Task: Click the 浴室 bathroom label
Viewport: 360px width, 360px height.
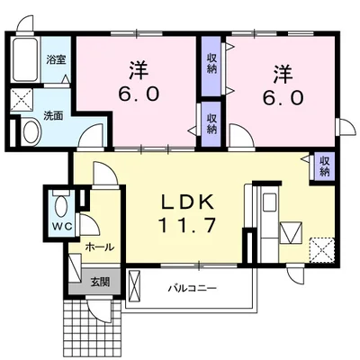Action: pos(56,59)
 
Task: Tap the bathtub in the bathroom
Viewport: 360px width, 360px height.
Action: pos(25,59)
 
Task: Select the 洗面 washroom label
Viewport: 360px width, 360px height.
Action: pos(53,116)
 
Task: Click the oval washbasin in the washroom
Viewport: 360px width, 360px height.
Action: pos(31,131)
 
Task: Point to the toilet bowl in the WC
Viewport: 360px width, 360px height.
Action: pos(62,206)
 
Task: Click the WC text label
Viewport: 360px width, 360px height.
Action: pos(62,227)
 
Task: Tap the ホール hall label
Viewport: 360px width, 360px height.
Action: pos(100,247)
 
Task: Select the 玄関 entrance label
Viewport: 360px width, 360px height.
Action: pos(100,282)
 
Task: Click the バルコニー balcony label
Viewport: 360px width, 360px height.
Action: pos(192,289)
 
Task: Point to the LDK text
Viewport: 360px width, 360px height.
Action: pos(188,202)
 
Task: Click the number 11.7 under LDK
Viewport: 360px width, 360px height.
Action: pos(187,225)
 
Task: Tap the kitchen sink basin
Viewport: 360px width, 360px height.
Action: pos(270,202)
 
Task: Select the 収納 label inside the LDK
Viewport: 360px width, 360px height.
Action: pos(324,166)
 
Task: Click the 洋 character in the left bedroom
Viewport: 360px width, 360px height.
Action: pos(139,70)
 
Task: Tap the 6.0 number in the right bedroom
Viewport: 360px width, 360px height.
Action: pos(282,97)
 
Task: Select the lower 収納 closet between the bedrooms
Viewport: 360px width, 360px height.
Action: pos(212,124)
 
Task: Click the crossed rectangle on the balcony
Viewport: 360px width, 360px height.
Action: pos(134,287)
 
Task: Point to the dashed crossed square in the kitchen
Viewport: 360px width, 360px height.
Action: pos(322,250)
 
